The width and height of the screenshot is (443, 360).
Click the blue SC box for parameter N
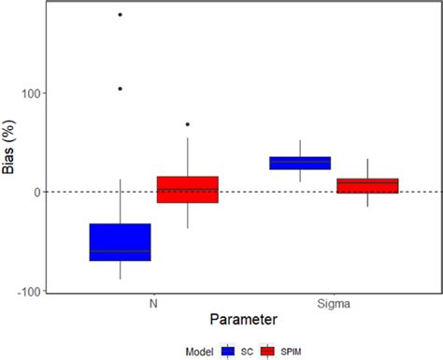[x=120, y=241]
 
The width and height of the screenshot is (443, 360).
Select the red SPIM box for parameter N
[x=187, y=189]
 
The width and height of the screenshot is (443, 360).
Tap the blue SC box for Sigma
[x=300, y=163]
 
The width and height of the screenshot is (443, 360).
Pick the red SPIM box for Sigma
[x=367, y=186]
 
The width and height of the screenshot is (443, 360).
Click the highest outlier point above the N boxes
[x=120, y=15]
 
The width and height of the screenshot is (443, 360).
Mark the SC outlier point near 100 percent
[x=120, y=89]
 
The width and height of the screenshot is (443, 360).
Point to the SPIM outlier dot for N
[x=187, y=124]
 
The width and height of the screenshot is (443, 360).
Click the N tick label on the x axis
[x=153, y=304]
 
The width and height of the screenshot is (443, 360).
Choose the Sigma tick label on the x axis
[x=334, y=304]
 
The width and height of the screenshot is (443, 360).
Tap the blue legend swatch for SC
[x=227, y=351]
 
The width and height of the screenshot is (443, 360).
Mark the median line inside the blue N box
[x=120, y=252]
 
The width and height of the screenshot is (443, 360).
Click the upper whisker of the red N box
[x=187, y=157]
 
